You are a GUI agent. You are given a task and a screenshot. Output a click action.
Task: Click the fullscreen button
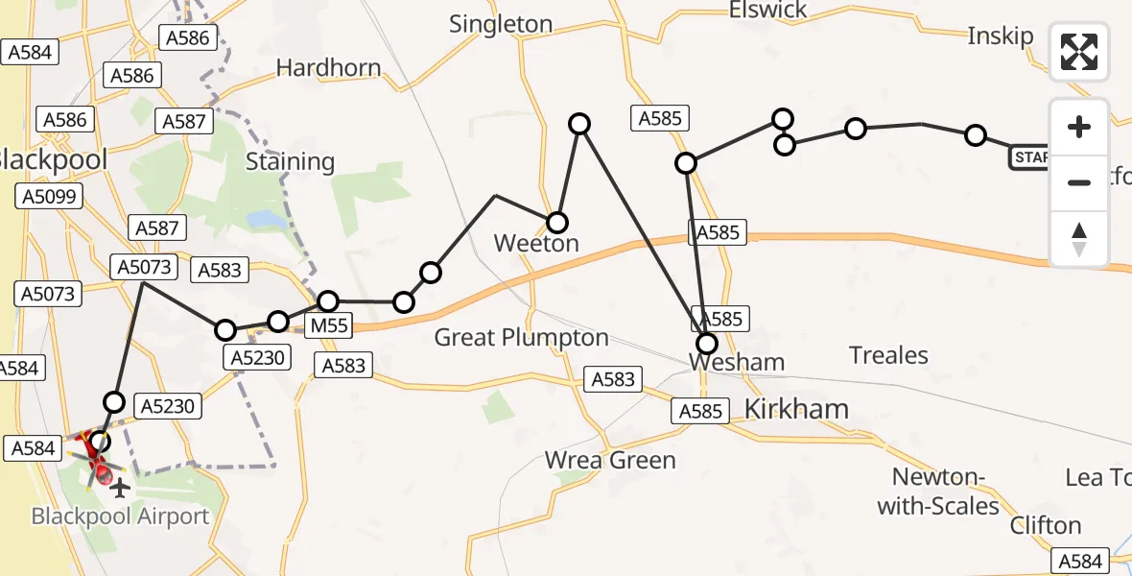tap(1079, 52)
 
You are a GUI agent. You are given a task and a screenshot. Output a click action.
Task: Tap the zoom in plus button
tap(1079, 127)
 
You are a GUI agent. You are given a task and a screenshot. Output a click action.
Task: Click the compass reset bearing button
tap(1079, 239)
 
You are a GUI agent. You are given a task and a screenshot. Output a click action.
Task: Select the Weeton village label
tap(536, 244)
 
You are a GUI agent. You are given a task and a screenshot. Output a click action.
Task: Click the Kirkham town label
tap(796, 410)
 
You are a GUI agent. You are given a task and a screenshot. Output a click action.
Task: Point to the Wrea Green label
tap(610, 461)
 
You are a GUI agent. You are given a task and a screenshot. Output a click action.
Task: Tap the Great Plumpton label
tap(521, 338)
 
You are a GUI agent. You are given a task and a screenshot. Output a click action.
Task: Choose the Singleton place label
tap(501, 25)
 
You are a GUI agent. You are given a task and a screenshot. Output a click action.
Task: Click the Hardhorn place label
tap(328, 68)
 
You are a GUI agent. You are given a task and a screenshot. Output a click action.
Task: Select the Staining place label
tap(290, 161)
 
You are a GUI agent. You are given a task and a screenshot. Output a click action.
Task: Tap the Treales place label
tap(888, 356)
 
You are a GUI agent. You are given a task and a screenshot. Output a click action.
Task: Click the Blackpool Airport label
tap(120, 516)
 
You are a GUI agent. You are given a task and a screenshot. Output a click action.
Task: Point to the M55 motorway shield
tap(328, 327)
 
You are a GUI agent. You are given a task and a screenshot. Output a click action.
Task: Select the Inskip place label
tap(1001, 37)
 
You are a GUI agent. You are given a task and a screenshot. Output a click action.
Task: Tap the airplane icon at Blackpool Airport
tap(120, 490)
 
